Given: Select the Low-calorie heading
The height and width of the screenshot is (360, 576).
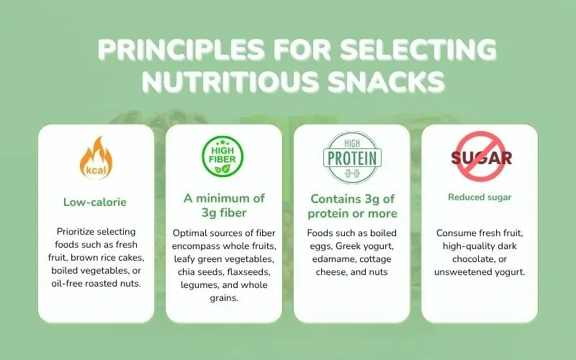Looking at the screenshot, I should click(x=95, y=202).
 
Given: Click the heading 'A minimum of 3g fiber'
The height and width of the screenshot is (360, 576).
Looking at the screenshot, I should click(x=223, y=205).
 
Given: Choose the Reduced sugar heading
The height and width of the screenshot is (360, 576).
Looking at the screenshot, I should click(x=480, y=197).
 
